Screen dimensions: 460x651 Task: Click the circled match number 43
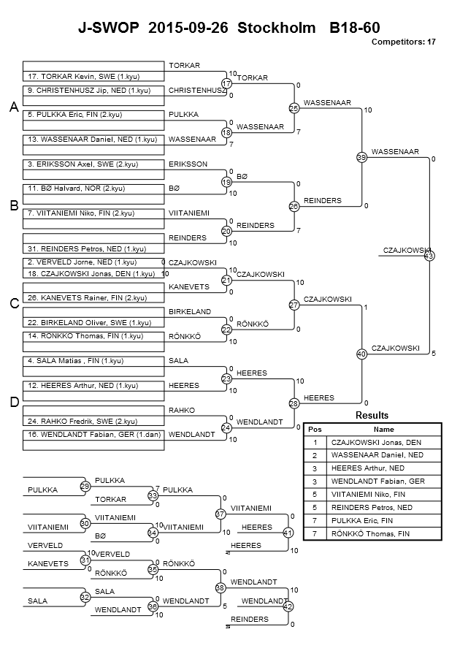429,256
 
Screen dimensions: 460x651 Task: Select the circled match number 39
361,157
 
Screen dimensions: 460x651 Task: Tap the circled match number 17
226,83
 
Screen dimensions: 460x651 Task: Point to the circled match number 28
294,403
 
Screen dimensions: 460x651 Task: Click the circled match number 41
288,533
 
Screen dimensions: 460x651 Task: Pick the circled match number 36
153,607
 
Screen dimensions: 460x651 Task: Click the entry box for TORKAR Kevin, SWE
93,77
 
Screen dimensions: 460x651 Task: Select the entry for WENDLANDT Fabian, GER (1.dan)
93,435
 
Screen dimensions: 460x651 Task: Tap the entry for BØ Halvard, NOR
93,189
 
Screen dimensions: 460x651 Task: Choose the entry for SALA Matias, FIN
93,361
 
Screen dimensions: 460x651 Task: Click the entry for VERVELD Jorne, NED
93,262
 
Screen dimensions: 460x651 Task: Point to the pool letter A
14,107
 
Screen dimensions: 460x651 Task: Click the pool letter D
15,402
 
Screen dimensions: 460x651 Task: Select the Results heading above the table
372,415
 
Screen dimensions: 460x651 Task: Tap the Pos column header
315,430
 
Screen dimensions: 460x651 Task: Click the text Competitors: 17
403,42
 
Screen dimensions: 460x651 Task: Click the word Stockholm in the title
276,28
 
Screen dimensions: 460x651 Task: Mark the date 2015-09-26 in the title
188,28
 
